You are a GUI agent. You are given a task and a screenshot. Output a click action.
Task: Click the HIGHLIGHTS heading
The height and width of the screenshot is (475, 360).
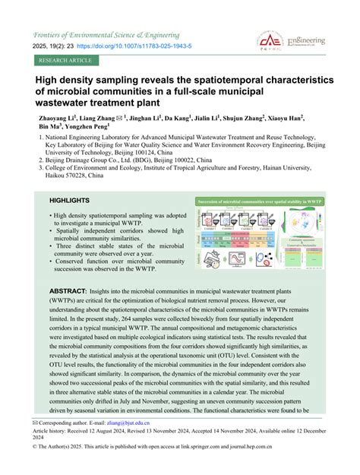(x=71, y=201)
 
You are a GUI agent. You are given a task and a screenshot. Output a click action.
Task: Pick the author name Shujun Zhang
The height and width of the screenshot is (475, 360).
(x=242, y=119)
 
